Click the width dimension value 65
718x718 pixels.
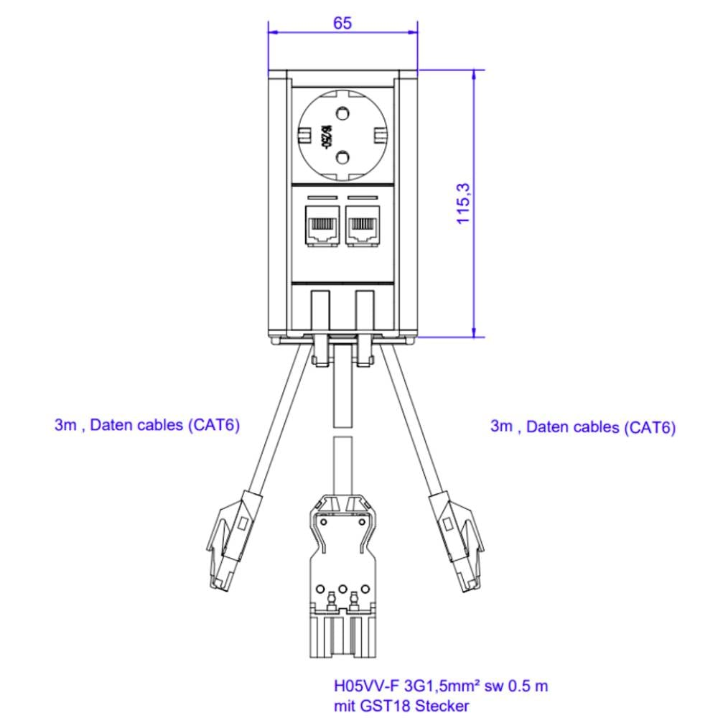[x=342, y=23]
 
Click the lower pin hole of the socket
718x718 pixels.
[x=342, y=157]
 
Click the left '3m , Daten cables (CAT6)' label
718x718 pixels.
[x=146, y=425]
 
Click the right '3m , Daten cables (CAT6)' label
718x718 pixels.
[x=582, y=427]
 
